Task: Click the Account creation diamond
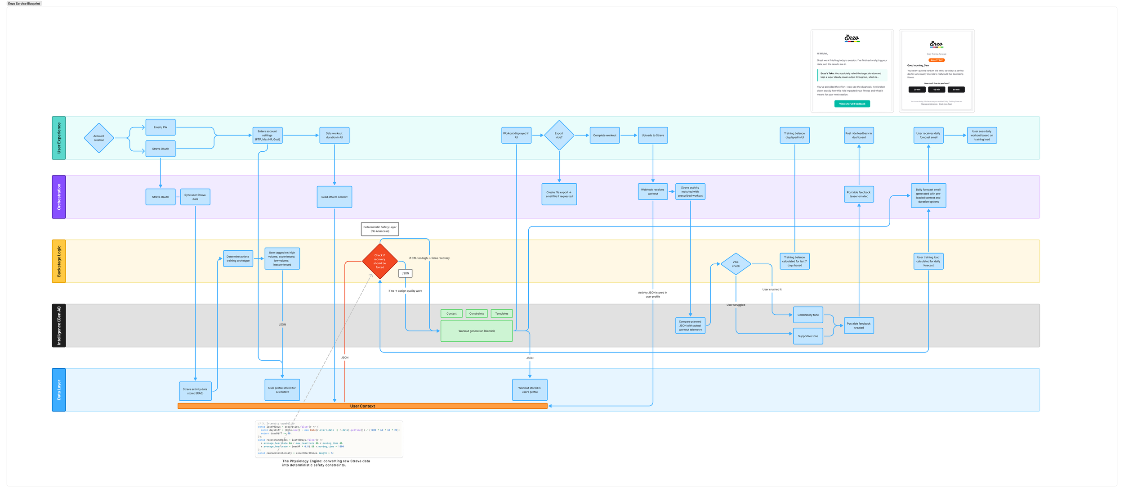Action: (x=98, y=138)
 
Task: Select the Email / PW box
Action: (x=161, y=127)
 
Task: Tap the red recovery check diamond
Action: (x=380, y=261)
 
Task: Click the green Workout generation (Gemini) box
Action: (x=477, y=331)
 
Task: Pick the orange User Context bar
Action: (x=362, y=406)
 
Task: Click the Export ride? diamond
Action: (x=559, y=135)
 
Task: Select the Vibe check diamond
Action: (x=736, y=264)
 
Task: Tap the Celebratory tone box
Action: (x=808, y=315)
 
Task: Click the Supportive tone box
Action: (x=808, y=336)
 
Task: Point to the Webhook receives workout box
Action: (x=652, y=191)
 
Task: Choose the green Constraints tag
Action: (x=477, y=313)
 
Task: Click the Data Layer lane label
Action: (x=59, y=390)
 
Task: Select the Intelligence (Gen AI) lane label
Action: (x=59, y=326)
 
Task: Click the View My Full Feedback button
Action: (x=852, y=104)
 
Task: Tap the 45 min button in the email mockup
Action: (x=937, y=90)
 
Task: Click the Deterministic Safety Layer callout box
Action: (x=380, y=229)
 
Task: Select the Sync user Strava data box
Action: (x=195, y=197)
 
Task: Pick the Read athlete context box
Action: (x=334, y=197)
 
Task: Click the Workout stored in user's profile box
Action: (x=530, y=390)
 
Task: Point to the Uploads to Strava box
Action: (x=652, y=135)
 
